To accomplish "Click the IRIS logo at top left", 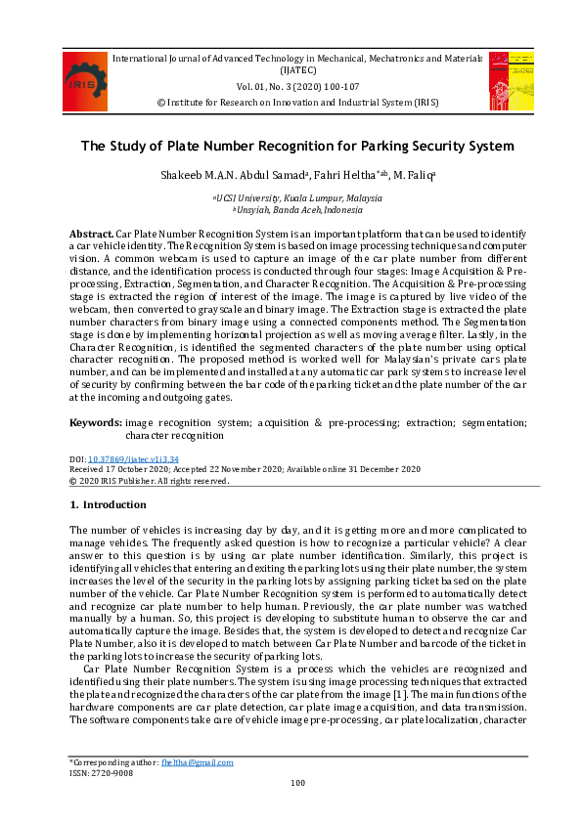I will (x=85, y=81).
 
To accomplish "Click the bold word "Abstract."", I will (x=91, y=236).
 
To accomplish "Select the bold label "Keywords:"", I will (x=95, y=422).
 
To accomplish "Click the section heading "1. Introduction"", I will (x=107, y=505).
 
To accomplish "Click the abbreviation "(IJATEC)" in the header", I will (x=296, y=70).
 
